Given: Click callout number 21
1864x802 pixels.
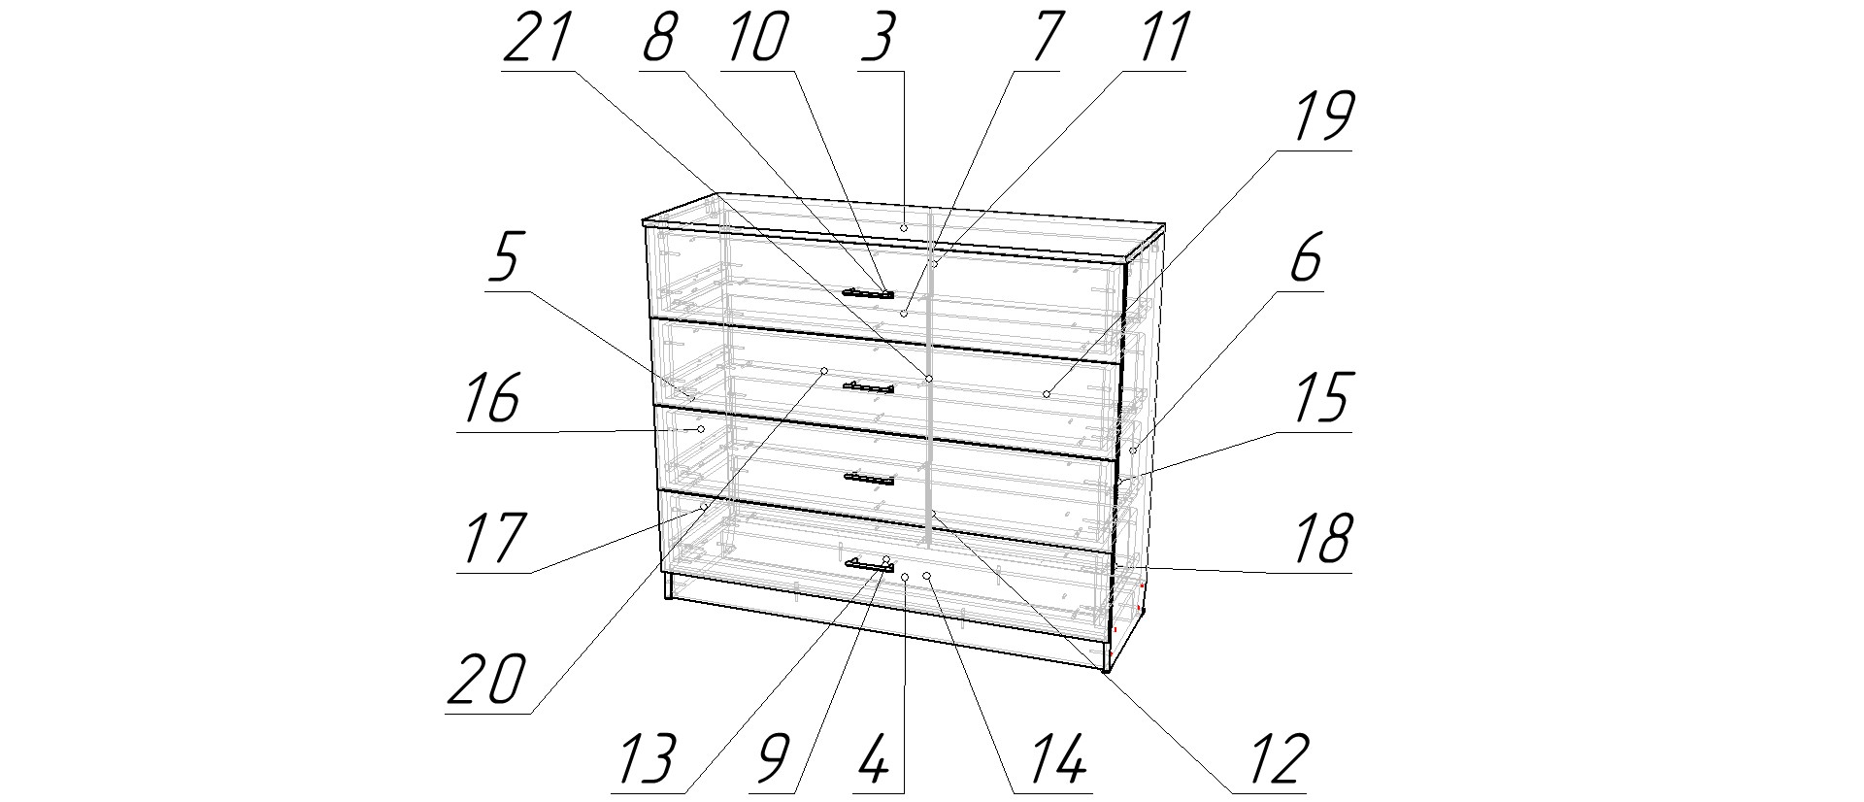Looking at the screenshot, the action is [x=535, y=38].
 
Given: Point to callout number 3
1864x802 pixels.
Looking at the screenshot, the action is [x=879, y=38].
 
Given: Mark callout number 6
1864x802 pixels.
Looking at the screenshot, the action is [x=1305, y=257].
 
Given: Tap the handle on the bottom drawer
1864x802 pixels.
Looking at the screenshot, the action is [x=869, y=564].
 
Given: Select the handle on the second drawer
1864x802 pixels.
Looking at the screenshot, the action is [x=868, y=387].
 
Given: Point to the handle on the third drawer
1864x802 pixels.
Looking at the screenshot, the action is [x=868, y=477].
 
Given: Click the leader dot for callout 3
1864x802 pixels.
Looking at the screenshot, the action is [x=903, y=227].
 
